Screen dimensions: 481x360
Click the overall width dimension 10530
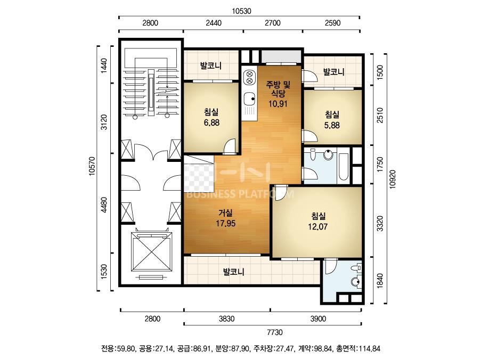[x=241, y=11]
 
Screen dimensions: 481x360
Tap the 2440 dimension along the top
[x=214, y=23]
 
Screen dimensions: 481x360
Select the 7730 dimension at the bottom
[x=275, y=332]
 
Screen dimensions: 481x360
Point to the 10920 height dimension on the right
[x=393, y=179]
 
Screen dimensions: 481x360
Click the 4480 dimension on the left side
[x=104, y=205]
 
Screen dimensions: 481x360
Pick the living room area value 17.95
[x=225, y=224]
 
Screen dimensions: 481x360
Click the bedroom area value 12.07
[x=318, y=227]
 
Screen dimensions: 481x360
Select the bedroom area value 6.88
[x=211, y=122]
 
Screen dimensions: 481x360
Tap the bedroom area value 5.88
[x=332, y=126]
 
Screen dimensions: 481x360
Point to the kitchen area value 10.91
[x=278, y=104]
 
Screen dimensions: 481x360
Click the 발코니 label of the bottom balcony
[x=233, y=272]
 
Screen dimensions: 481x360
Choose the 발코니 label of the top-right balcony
[x=334, y=72]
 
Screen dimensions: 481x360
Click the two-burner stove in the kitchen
[x=249, y=78]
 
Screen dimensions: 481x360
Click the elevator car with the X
[x=151, y=251]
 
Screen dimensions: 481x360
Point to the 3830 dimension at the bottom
[x=227, y=319]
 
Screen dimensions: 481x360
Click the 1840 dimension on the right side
[x=380, y=281]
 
